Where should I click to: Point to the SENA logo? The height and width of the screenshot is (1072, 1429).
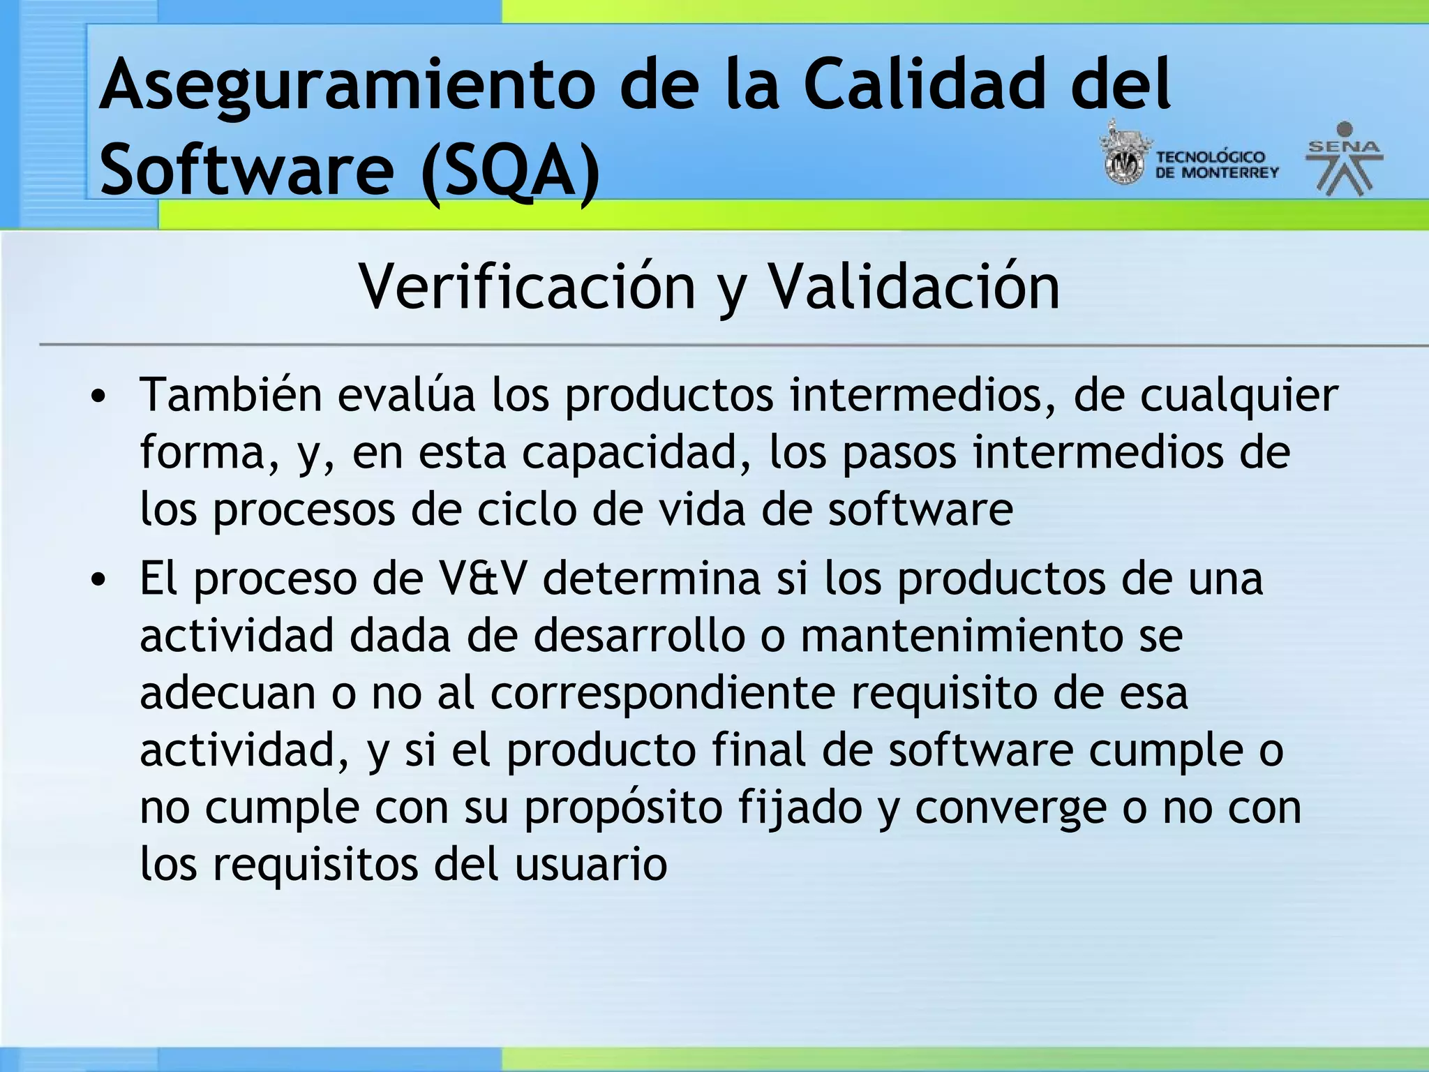(1344, 159)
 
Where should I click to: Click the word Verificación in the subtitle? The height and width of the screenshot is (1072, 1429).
(527, 287)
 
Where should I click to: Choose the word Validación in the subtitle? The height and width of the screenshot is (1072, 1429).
(914, 287)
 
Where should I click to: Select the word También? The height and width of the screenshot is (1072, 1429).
(230, 395)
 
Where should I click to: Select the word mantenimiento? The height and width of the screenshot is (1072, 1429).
(961, 636)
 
